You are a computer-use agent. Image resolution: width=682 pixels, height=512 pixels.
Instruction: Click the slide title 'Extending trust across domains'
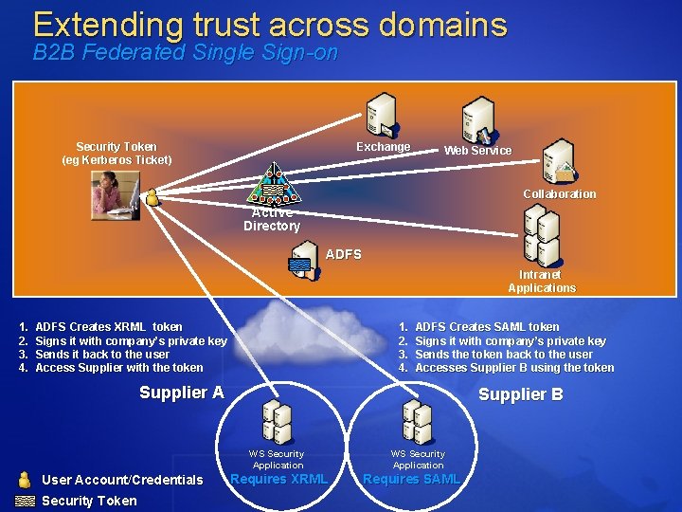tap(270, 24)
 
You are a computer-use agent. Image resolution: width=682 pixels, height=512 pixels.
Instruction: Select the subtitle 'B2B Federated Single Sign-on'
tap(185, 53)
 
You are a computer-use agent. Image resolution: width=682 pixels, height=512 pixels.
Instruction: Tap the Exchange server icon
tap(382, 116)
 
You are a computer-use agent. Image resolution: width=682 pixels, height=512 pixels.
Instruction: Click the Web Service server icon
tap(476, 121)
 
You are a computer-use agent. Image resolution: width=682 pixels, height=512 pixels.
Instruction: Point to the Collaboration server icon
tap(557, 161)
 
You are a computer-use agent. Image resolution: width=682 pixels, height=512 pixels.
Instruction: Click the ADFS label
tap(343, 254)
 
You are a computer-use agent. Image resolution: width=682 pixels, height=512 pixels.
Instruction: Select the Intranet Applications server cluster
tap(542, 237)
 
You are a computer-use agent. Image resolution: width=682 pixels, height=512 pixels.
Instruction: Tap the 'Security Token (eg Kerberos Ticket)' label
tap(117, 153)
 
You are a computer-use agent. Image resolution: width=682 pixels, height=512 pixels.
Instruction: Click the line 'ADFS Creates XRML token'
tap(108, 327)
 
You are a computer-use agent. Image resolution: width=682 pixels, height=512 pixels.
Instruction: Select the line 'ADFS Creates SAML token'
tap(487, 327)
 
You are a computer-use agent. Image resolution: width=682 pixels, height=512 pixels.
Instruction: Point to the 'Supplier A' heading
tap(181, 393)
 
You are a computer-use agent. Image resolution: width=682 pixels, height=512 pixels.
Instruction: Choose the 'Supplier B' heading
tap(520, 394)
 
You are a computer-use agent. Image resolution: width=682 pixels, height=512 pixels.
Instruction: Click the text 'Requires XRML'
tap(279, 479)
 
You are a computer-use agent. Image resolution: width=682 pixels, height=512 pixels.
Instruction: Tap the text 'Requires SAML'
tap(411, 479)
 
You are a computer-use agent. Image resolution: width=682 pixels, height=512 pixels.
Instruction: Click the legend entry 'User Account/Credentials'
tap(123, 480)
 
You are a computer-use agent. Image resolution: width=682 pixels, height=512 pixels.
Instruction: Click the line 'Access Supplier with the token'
tap(118, 368)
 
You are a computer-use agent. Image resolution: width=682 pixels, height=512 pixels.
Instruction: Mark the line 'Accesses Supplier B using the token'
tap(514, 368)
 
